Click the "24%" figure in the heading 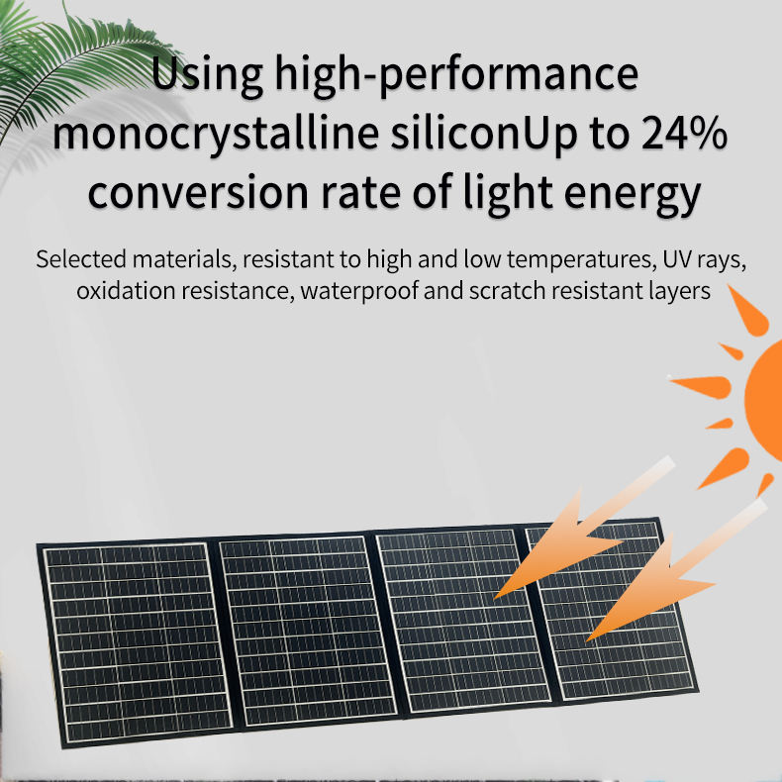point(679,133)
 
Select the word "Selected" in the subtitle point(81,260)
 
